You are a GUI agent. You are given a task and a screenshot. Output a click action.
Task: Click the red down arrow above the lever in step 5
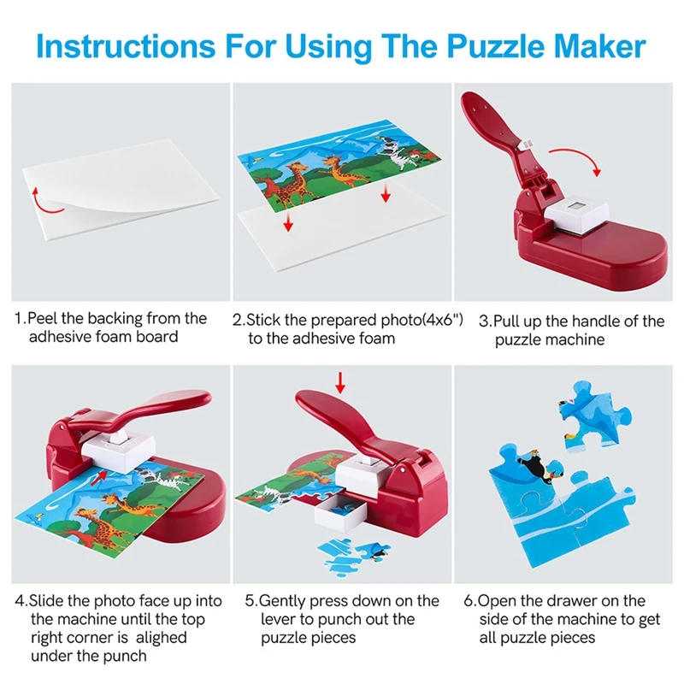[340, 382]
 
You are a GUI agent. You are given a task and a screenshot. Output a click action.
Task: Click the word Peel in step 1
[42, 318]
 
